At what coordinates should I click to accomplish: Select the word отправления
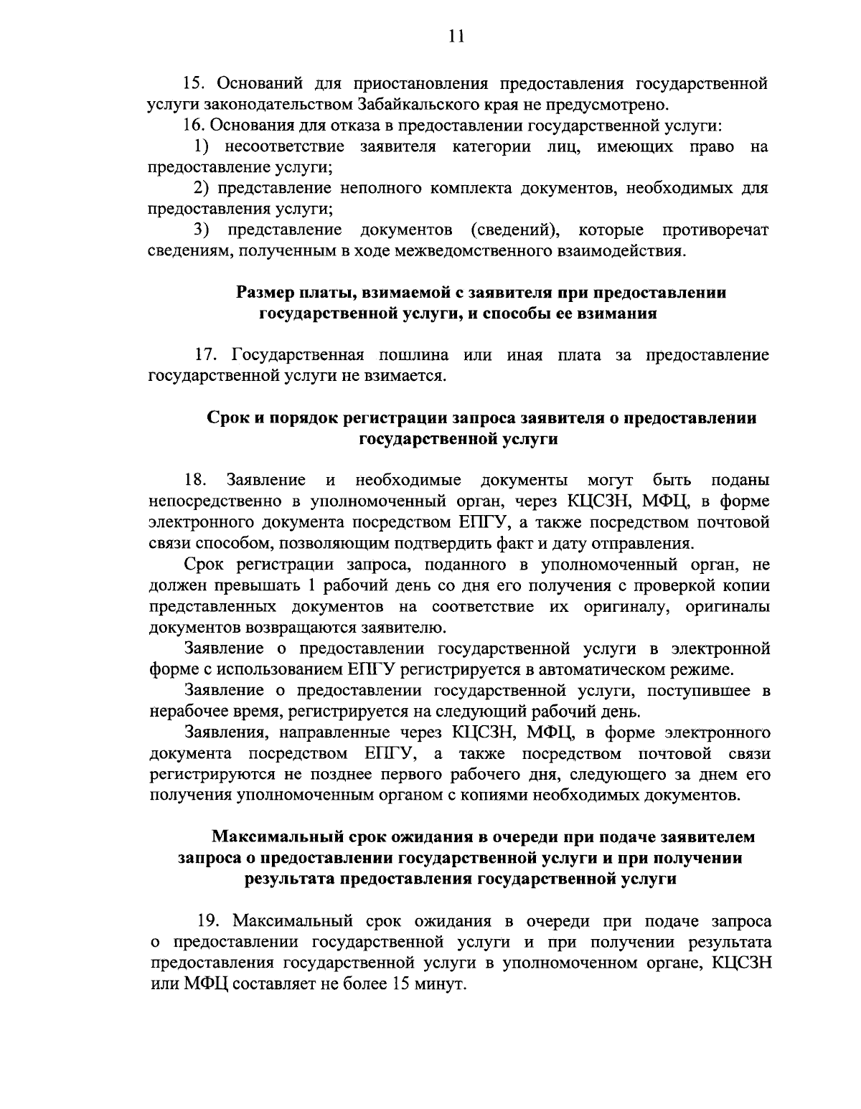[x=647, y=542]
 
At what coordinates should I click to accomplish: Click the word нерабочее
[x=185, y=712]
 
